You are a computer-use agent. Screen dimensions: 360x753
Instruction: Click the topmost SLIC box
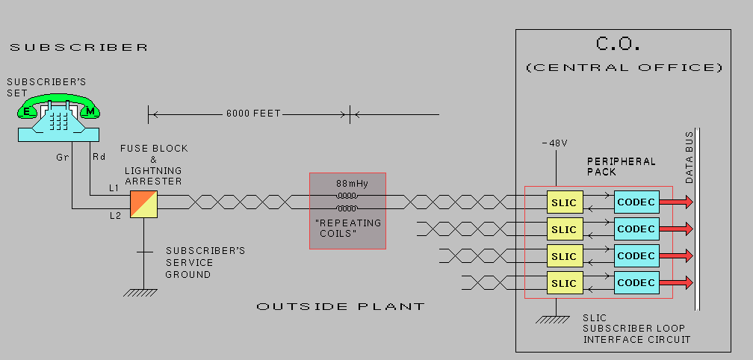[x=564, y=202]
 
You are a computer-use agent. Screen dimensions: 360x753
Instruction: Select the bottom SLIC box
[x=564, y=283]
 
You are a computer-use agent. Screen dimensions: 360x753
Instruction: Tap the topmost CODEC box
[x=636, y=202]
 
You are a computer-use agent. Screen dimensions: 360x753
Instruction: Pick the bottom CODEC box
[x=636, y=283]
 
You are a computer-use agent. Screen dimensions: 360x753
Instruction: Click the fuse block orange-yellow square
[x=143, y=203]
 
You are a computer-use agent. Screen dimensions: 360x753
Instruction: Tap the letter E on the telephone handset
[x=28, y=112]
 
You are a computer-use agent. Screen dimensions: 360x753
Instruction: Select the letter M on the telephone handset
[x=90, y=112]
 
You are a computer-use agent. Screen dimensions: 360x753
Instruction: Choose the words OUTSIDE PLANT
[x=341, y=307]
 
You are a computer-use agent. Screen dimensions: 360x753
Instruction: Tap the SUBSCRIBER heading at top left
[x=79, y=47]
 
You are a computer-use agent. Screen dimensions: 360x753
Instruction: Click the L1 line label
[x=114, y=187]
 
